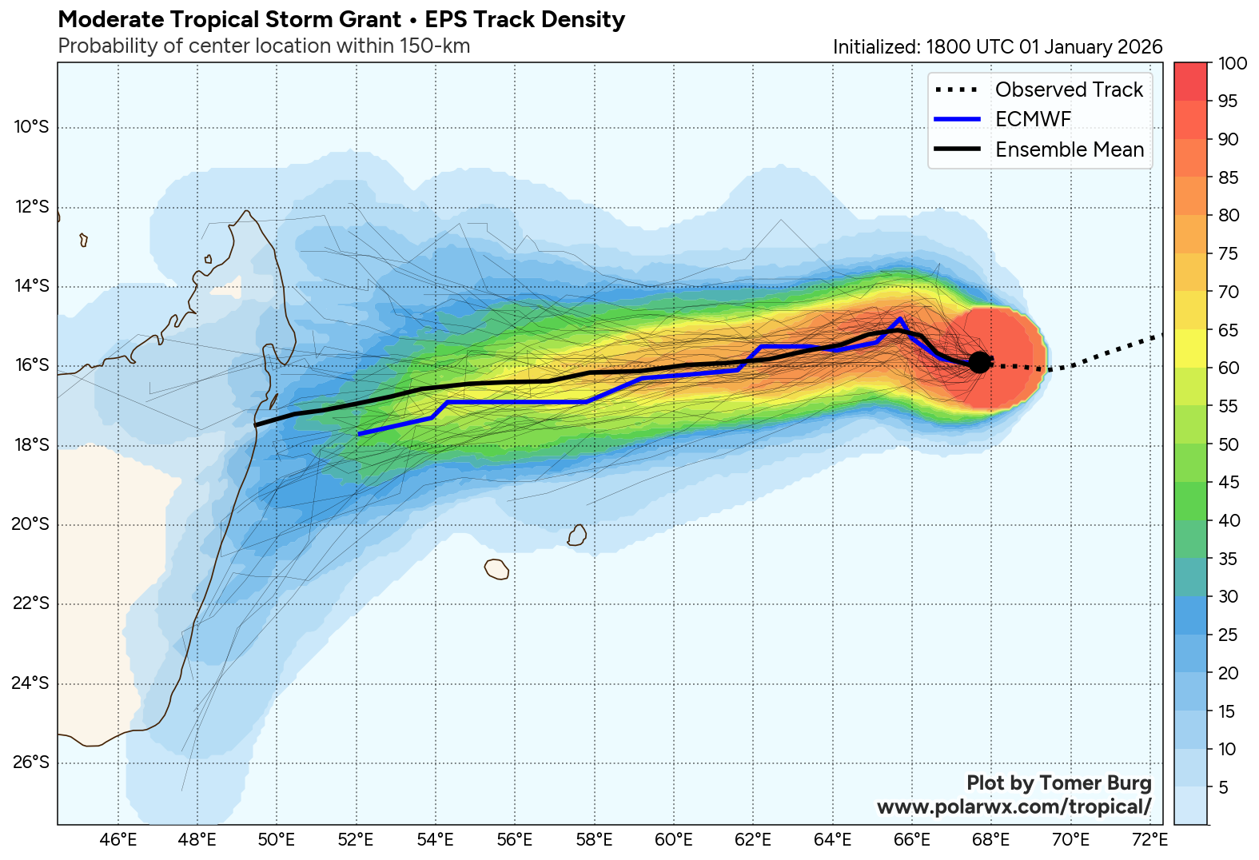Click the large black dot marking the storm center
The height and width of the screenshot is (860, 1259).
click(x=979, y=362)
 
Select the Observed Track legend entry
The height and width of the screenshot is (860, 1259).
click(x=1069, y=90)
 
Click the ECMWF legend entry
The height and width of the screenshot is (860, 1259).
click(x=1033, y=120)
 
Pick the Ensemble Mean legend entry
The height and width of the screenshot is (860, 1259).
click(x=1069, y=149)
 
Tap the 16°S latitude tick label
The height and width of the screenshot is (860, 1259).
click(x=31, y=365)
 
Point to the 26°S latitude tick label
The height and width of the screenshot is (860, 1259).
click(x=31, y=762)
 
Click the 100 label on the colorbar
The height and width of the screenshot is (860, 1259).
click(x=1233, y=63)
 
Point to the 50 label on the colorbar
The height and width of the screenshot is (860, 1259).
click(x=1229, y=444)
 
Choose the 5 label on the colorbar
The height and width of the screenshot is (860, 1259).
click(x=1223, y=788)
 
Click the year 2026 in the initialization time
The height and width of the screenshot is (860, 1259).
click(x=1140, y=47)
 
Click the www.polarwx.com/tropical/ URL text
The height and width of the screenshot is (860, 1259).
click(x=1014, y=806)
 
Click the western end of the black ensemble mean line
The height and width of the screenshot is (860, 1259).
click(x=255, y=425)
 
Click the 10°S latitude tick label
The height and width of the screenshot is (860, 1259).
click(x=31, y=127)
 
